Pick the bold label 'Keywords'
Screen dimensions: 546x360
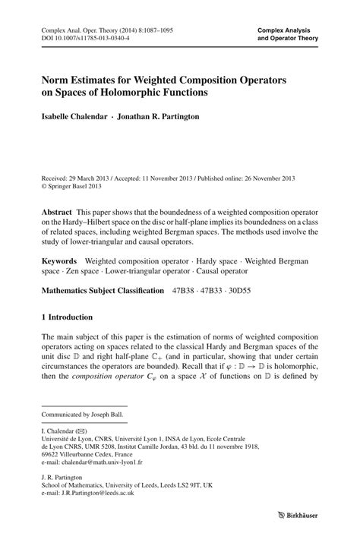point(62,260)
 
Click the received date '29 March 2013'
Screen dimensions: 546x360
point(97,175)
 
